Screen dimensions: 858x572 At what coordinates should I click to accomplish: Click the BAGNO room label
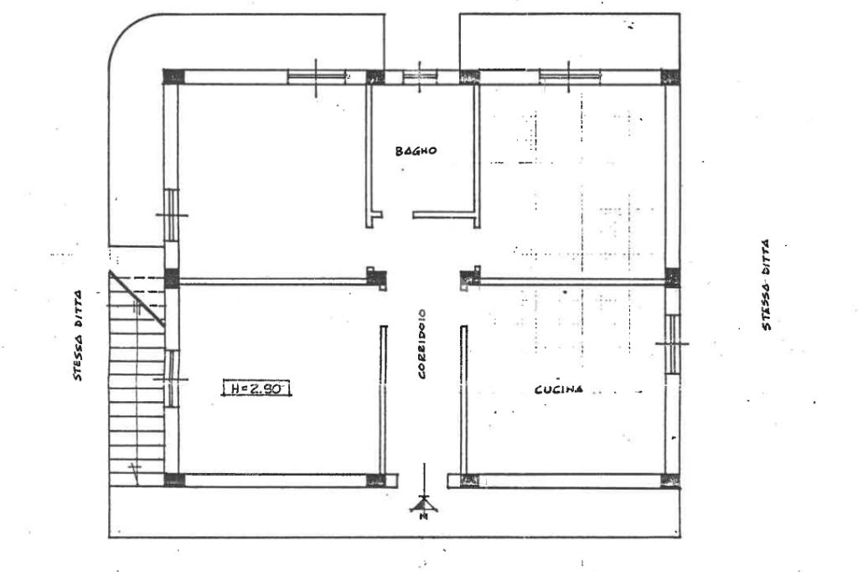pos(416,151)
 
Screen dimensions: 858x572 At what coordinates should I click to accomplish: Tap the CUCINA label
pos(558,389)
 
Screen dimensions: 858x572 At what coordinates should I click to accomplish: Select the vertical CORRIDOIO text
pos(422,344)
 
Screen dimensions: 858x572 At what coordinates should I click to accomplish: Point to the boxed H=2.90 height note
pos(256,389)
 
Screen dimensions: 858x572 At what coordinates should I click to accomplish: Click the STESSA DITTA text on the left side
pos(78,335)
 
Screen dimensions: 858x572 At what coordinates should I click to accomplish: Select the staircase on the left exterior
pos(137,379)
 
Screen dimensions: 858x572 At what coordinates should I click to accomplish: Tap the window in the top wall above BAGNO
pos(421,76)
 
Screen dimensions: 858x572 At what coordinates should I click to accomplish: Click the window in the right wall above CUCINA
pos(673,344)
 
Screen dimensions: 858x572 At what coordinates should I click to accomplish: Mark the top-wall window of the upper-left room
pos(316,77)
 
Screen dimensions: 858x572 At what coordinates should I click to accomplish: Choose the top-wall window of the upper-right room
pos(569,77)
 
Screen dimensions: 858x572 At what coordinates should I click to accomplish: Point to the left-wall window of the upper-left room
pos(172,215)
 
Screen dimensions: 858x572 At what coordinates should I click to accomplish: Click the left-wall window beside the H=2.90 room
pos(171,379)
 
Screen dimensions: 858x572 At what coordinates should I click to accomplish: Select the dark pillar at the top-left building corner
pos(174,76)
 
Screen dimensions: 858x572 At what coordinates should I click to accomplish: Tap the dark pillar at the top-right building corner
pos(670,76)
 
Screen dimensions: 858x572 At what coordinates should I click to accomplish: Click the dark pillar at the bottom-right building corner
pos(670,481)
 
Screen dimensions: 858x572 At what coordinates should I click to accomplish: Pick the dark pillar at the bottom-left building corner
pos(174,480)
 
